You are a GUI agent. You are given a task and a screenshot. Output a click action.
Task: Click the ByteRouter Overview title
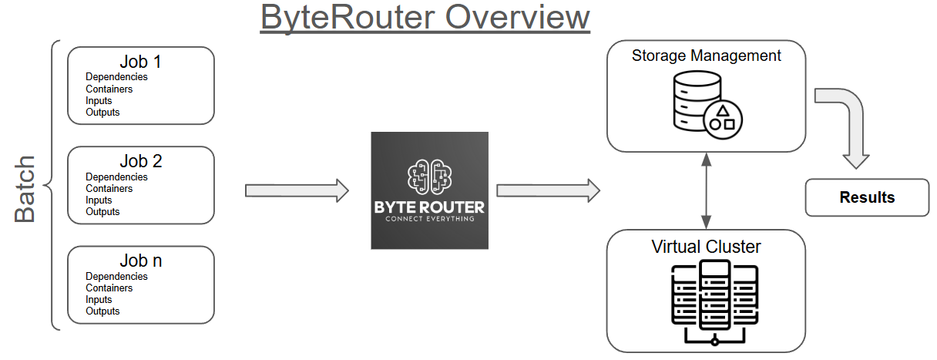pos(425,17)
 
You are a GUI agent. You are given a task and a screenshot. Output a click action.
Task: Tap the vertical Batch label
pos(25,189)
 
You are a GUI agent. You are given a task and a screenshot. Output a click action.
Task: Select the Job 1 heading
pos(140,62)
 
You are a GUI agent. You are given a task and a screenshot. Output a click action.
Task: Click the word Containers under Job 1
pos(109,89)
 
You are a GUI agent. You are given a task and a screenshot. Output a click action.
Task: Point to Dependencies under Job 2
pos(116,177)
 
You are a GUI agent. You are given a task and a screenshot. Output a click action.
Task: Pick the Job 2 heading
pos(140,162)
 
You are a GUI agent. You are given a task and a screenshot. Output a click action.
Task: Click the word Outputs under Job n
pos(102,311)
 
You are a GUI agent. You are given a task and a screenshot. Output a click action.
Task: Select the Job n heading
pos(140,261)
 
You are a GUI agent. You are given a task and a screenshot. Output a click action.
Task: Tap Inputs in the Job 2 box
pos(99,200)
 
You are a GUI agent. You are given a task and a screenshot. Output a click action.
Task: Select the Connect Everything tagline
pos(429,219)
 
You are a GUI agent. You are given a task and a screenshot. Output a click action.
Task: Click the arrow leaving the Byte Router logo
pos(548,190)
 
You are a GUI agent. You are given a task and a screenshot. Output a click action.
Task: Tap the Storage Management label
pos(706,56)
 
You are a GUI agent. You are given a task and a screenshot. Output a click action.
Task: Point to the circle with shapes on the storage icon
pos(723,117)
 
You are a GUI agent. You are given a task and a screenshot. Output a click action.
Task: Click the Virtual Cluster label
pos(706,247)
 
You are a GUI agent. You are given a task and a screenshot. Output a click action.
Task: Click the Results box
pos(867,197)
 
